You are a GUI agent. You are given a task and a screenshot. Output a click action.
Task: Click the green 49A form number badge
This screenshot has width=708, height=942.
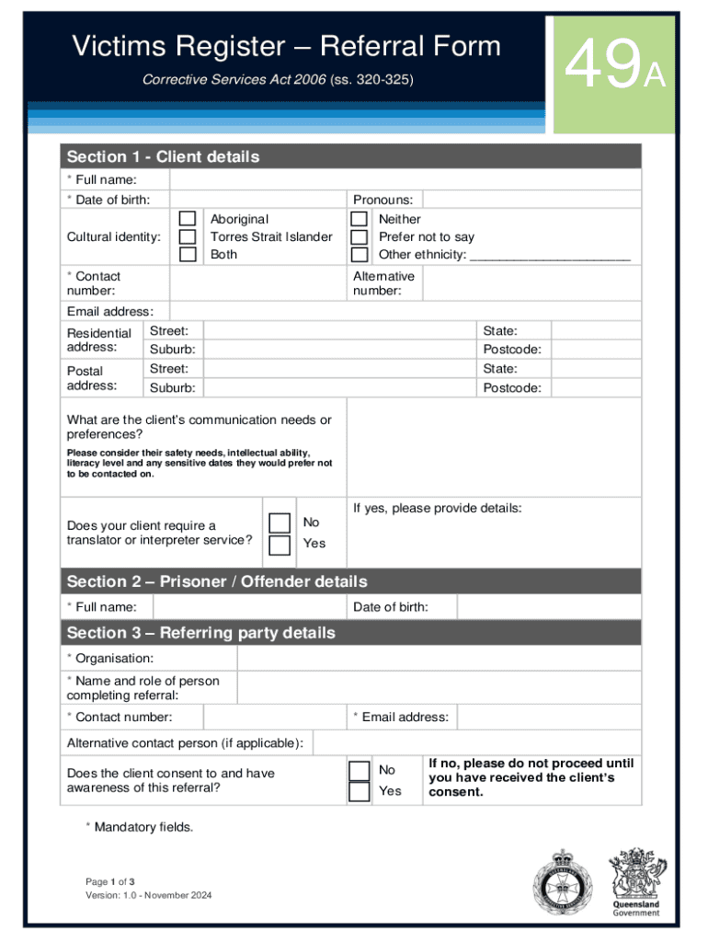[x=614, y=75]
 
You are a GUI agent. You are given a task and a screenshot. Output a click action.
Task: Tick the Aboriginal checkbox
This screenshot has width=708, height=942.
[x=188, y=219]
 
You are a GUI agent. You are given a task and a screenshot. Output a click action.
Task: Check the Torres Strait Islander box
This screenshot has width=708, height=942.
[x=188, y=236]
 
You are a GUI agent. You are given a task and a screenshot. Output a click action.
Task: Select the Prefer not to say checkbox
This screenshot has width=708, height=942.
[x=360, y=236]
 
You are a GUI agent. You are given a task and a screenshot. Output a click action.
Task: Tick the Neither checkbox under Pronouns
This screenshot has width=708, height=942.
[x=360, y=219]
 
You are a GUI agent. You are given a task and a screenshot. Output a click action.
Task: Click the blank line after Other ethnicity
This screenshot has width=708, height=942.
[x=550, y=255]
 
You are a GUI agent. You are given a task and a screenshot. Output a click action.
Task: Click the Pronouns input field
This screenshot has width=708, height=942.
[x=531, y=200]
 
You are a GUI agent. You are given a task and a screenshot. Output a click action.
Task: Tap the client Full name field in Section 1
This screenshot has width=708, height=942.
[x=405, y=179]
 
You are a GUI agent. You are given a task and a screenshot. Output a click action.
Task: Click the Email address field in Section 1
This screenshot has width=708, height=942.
[x=405, y=311]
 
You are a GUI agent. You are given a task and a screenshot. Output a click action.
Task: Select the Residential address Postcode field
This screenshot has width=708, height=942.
[x=595, y=350]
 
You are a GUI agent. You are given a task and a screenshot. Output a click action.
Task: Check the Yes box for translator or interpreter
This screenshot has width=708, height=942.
[x=280, y=545]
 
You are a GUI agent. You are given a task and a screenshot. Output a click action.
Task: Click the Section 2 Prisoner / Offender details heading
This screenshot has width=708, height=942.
[x=217, y=581]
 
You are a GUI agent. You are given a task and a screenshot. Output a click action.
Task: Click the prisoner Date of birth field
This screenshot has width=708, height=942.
[x=549, y=607]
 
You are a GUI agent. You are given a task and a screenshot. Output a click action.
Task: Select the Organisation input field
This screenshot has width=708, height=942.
[x=439, y=659]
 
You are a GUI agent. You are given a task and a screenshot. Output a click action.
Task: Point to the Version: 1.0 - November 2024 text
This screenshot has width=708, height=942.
[x=148, y=896]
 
